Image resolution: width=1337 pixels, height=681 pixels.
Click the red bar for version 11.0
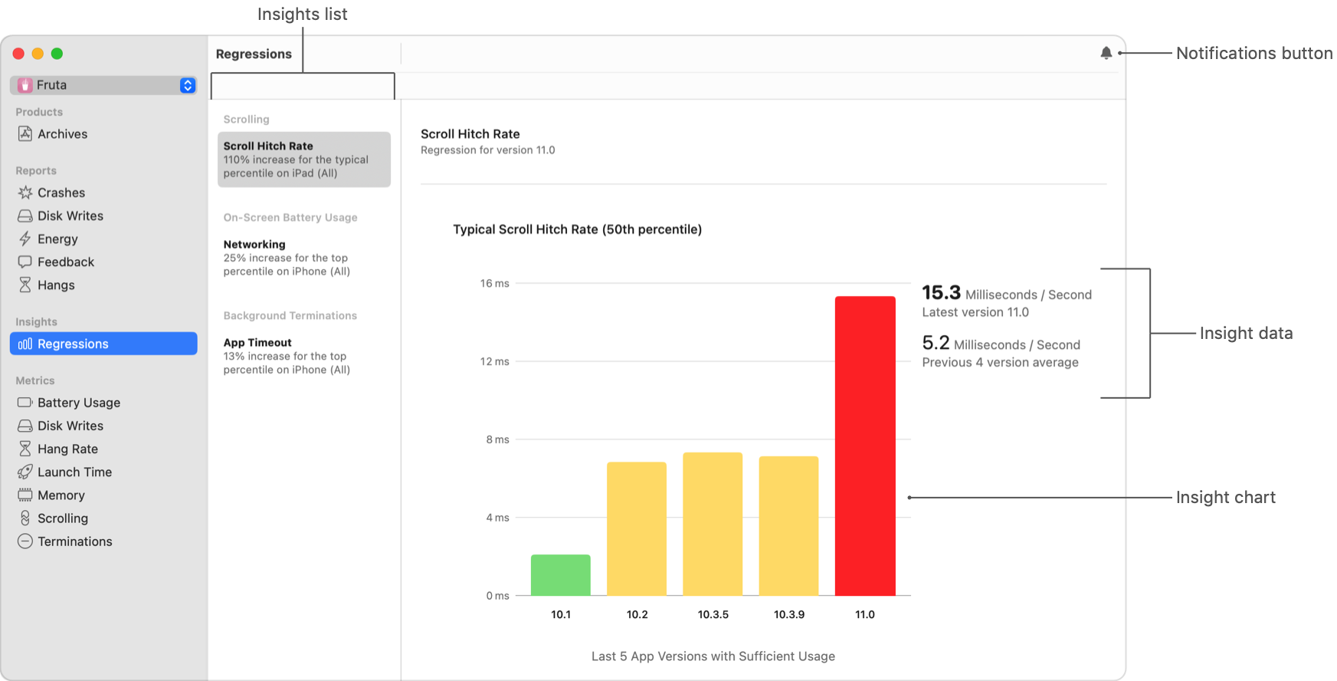(x=865, y=446)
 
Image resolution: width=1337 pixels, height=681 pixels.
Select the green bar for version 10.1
(x=560, y=575)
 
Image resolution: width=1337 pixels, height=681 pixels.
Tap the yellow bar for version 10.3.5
(x=713, y=524)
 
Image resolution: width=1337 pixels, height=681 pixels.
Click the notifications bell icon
(x=1106, y=53)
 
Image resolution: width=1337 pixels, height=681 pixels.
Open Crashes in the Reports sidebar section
(x=61, y=192)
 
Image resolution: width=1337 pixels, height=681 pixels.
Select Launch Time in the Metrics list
(x=74, y=472)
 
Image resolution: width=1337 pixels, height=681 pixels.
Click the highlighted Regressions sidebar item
(x=103, y=344)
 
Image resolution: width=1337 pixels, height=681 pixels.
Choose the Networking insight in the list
(x=287, y=258)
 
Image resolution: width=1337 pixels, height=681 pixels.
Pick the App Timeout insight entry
(x=287, y=356)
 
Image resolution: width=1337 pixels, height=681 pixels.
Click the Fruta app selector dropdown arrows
(x=188, y=85)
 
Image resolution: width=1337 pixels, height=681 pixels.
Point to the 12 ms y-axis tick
(x=494, y=361)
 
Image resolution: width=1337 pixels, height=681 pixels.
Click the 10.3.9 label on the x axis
(x=788, y=614)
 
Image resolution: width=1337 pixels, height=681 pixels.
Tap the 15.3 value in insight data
(x=941, y=293)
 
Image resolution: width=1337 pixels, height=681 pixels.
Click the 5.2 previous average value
(x=936, y=343)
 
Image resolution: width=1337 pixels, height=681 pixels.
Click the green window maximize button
(x=57, y=54)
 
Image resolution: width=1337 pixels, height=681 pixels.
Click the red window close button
(x=18, y=54)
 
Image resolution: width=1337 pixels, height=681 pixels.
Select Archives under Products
(x=62, y=134)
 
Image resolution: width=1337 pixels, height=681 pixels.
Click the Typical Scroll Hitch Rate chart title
(x=577, y=229)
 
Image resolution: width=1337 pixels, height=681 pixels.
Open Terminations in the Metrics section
(x=74, y=541)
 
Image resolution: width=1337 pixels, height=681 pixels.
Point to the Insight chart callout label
(x=1225, y=498)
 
